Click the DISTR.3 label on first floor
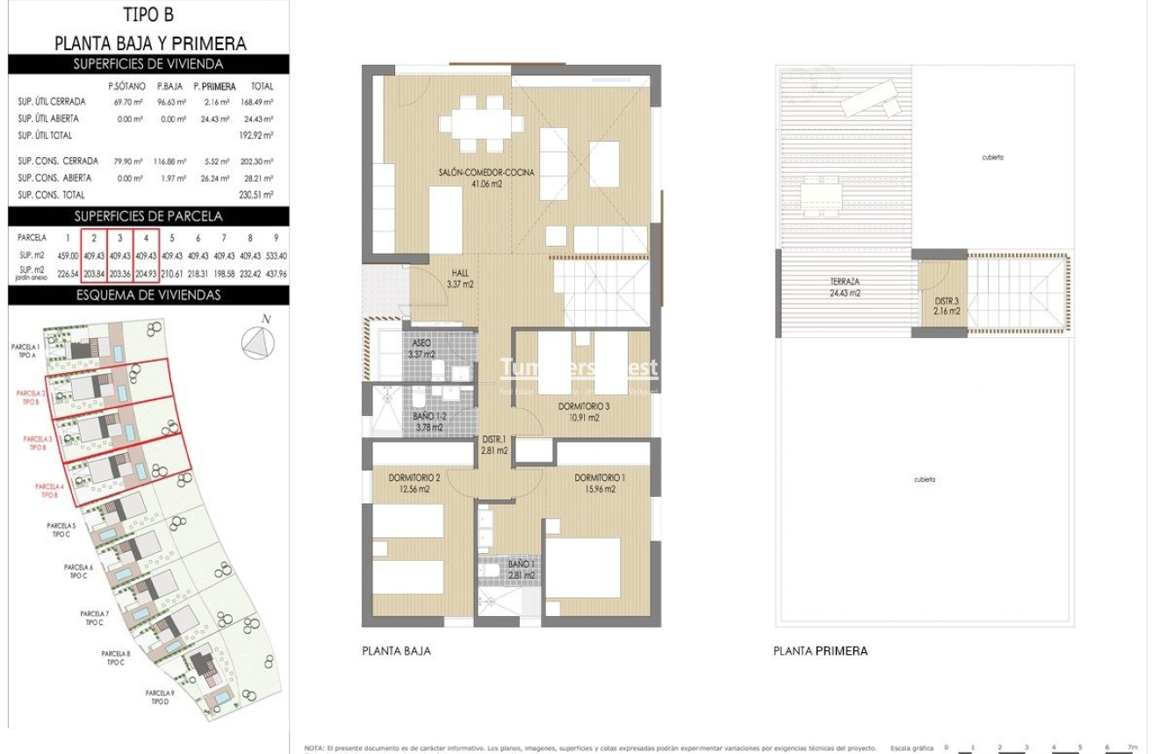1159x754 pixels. click(x=947, y=305)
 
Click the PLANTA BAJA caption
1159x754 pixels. click(x=396, y=651)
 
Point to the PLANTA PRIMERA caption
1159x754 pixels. click(x=820, y=651)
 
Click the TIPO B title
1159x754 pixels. click(x=149, y=16)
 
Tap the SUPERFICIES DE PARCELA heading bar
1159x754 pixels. click(x=148, y=216)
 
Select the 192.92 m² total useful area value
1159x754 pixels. click(x=256, y=135)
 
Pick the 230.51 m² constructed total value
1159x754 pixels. click(x=256, y=195)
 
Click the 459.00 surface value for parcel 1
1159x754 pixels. click(x=67, y=256)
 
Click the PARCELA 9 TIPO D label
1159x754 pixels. click(x=159, y=698)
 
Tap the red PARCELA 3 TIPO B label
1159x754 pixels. click(x=38, y=442)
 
